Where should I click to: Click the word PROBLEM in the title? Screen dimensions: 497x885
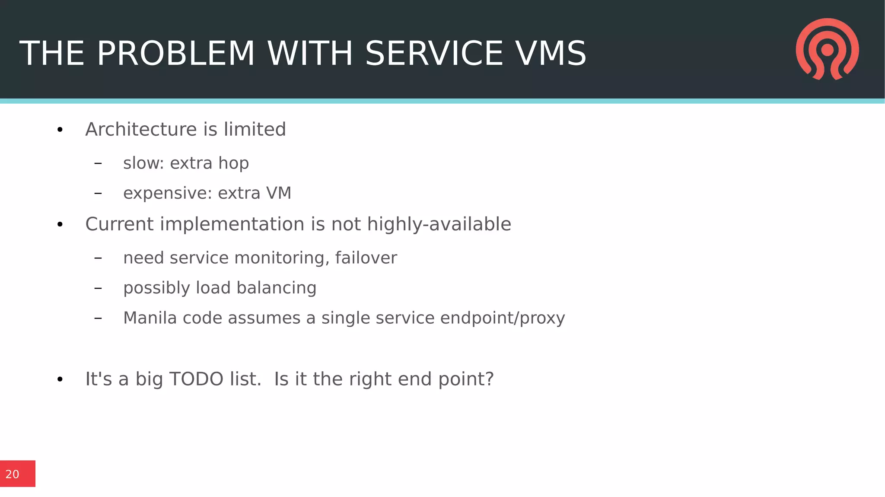(175, 54)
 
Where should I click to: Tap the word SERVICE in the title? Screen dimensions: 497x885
(434, 54)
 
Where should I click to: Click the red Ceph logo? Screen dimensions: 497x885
(827, 49)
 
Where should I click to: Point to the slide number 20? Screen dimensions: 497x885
(13, 474)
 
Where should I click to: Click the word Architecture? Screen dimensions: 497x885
(141, 129)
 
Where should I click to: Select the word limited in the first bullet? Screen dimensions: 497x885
(255, 129)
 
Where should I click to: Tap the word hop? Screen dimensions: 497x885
(233, 163)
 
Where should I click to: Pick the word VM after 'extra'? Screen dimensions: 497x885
(279, 193)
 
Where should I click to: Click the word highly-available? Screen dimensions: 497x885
(439, 224)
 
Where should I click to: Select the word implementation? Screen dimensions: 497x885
(232, 224)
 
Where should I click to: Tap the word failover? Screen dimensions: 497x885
(366, 258)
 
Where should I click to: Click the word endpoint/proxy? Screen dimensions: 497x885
(502, 318)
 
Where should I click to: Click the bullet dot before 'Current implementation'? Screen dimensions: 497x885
(60, 224)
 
